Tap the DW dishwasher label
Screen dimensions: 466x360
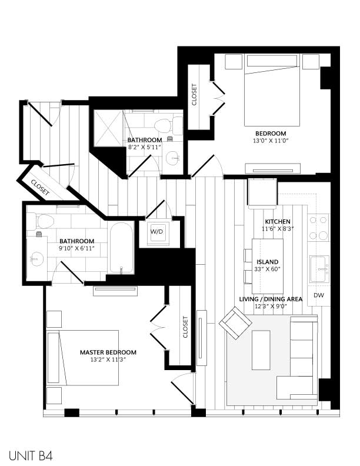pyautogui.click(x=318, y=295)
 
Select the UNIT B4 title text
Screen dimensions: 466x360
pyautogui.click(x=32, y=455)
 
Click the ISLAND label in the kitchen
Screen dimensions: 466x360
pyautogui.click(x=267, y=262)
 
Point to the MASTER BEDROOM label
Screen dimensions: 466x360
pyautogui.click(x=108, y=352)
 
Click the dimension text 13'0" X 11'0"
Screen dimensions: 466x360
pyautogui.click(x=271, y=141)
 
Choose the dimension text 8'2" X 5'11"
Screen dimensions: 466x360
pyautogui.click(x=144, y=148)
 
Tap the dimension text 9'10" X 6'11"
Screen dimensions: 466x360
pyautogui.click(x=76, y=248)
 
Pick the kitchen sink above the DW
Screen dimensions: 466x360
pyautogui.click(x=319, y=269)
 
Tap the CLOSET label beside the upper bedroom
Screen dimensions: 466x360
pyautogui.click(x=195, y=95)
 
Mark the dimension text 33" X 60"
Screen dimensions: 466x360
pyautogui.click(x=267, y=269)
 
